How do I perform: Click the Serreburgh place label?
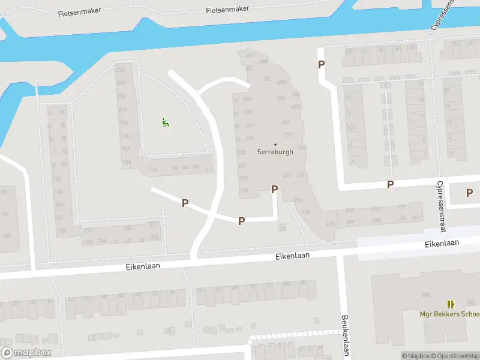[x=275, y=152]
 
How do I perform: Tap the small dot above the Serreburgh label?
[x=275, y=144]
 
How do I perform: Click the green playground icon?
[x=165, y=122]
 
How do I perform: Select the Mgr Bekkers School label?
[x=449, y=314]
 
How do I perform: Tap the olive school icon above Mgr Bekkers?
[x=450, y=304]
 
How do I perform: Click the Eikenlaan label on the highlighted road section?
[x=442, y=243]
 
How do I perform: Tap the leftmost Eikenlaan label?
[x=143, y=266]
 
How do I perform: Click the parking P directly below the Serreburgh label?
[x=275, y=189]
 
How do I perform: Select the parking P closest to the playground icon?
[x=185, y=203]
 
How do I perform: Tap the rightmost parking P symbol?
[x=469, y=193]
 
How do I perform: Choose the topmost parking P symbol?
[x=322, y=65]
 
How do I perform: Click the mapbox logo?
[x=26, y=353]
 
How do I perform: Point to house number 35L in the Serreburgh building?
[x=268, y=79]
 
